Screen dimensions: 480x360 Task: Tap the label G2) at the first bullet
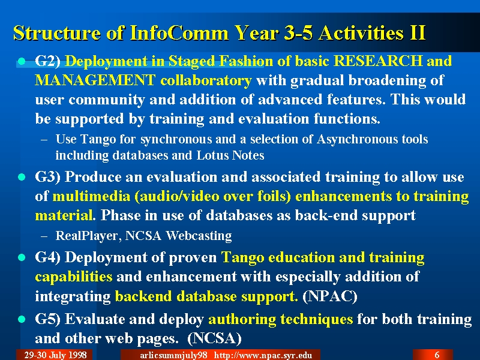point(47,61)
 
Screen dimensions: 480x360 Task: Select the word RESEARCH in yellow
point(378,61)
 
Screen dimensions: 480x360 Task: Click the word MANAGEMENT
point(95,80)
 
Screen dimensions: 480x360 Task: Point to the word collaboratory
point(206,81)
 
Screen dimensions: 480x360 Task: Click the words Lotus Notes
point(230,155)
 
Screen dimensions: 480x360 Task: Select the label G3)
point(47,177)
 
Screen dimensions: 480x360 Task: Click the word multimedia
point(91,196)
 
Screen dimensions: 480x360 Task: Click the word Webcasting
point(199,236)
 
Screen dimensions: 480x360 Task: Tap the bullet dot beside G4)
point(22,257)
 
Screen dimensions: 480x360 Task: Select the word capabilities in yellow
point(73,277)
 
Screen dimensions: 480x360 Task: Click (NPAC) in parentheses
point(329,296)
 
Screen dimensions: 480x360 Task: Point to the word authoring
point(242,319)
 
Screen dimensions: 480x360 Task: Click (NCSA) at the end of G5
point(214,338)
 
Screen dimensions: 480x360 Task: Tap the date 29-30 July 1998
point(55,355)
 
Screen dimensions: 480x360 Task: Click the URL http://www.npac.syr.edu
point(263,355)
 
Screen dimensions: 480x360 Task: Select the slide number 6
point(437,355)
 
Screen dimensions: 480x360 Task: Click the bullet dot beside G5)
point(22,320)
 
